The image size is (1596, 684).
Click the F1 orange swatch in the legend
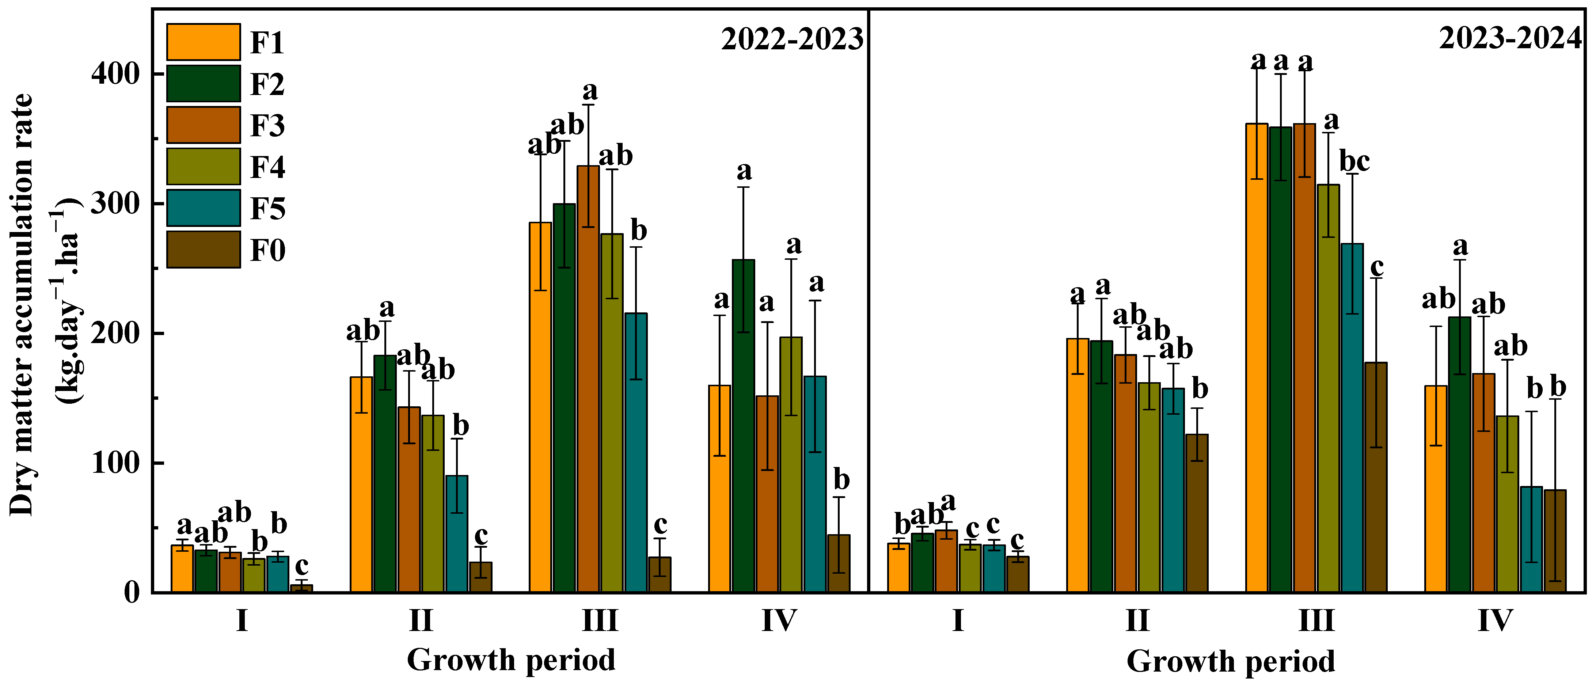pyautogui.click(x=203, y=42)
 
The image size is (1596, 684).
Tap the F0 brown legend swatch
pyautogui.click(x=203, y=250)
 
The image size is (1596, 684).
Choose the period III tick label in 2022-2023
pyautogui.click(x=600, y=620)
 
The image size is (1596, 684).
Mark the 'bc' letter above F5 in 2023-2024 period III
pyautogui.click(x=1354, y=162)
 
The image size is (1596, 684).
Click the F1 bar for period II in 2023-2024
pyautogui.click(x=1078, y=465)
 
